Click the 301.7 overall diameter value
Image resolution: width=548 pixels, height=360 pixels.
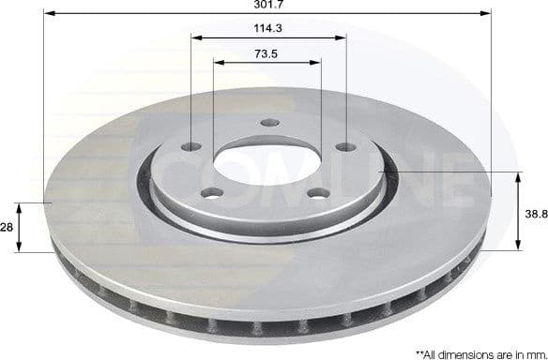click(x=268, y=6)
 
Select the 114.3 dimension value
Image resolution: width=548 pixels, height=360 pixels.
click(x=268, y=28)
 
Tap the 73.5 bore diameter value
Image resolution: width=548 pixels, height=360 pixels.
click(x=268, y=53)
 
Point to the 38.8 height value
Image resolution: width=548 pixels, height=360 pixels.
click(x=535, y=213)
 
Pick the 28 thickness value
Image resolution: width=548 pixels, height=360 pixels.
click(x=8, y=227)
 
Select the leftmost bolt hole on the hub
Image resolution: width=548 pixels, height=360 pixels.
click(x=192, y=147)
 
